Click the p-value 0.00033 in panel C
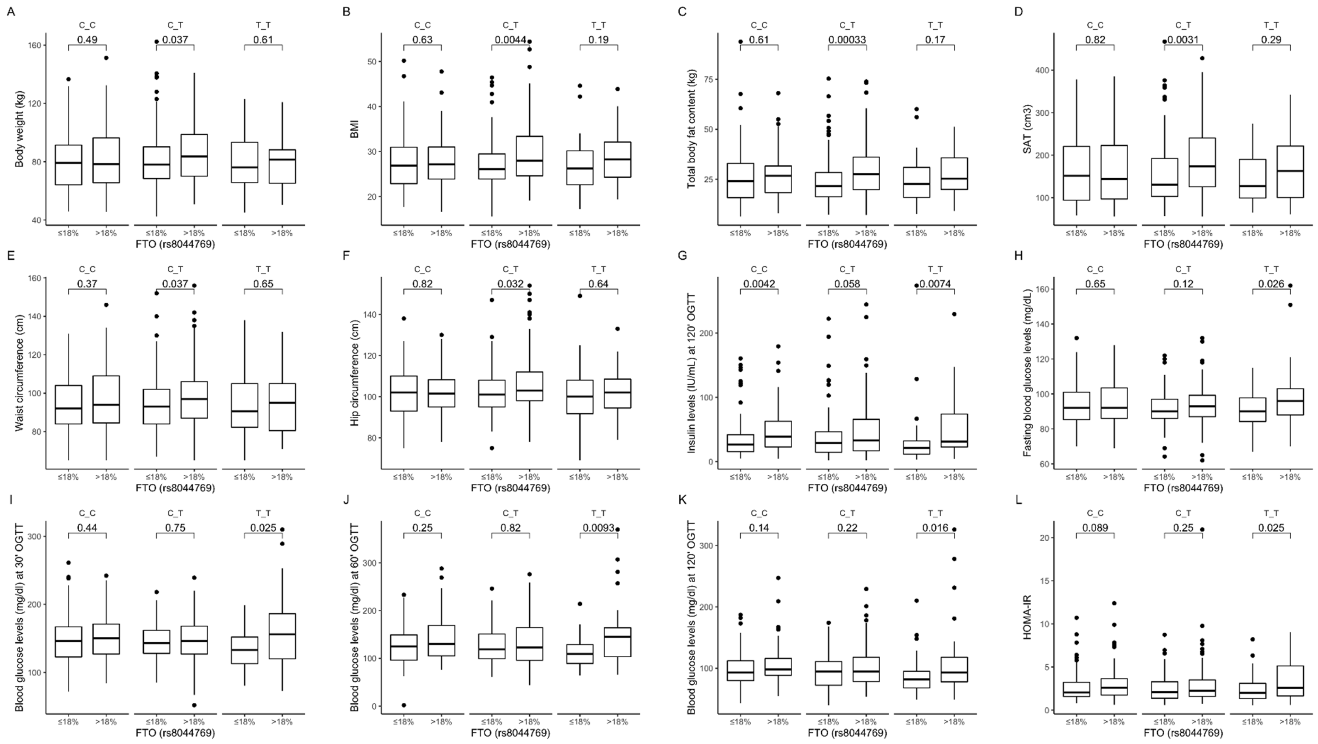click(x=847, y=39)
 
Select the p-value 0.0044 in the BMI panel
click(x=510, y=39)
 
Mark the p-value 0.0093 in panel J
click(x=598, y=528)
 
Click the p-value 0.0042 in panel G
click(x=759, y=284)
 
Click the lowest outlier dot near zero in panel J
click(x=404, y=705)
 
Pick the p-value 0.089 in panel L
click(x=1095, y=528)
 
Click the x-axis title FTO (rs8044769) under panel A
click(x=175, y=244)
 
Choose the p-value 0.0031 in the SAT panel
click(x=1183, y=39)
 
